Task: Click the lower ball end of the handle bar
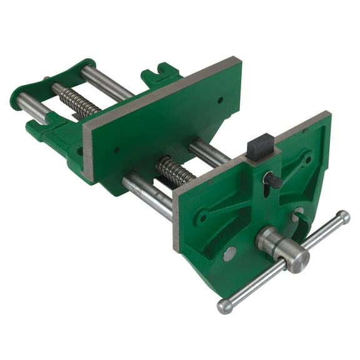click(224, 306)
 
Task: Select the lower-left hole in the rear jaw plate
click(116, 150)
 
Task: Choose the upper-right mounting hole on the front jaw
click(306, 160)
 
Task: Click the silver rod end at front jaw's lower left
click(229, 253)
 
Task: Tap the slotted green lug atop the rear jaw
click(160, 75)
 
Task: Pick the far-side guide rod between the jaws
click(206, 152)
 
